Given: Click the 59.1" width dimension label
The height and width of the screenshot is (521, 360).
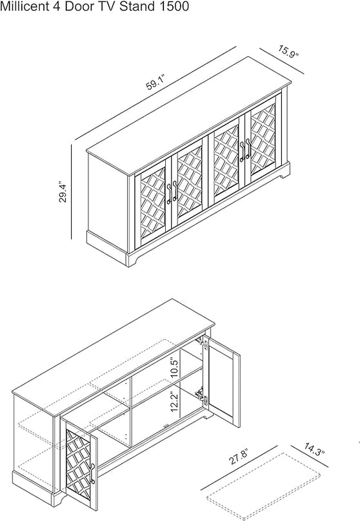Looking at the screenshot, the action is click(155, 83).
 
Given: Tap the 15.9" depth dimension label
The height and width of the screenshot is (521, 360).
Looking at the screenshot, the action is click(288, 52).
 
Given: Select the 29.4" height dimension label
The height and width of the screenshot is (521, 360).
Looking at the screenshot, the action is click(63, 192).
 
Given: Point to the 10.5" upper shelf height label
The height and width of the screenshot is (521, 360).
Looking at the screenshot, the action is click(175, 367).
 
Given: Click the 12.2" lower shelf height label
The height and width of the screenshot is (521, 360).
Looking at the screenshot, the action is click(175, 402).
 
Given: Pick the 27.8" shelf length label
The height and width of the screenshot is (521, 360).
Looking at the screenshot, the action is click(239, 456).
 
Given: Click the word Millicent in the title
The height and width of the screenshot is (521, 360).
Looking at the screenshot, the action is click(25, 6).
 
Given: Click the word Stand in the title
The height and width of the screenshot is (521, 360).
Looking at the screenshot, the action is click(137, 6).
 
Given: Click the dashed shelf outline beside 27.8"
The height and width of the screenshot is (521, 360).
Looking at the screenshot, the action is click(263, 486).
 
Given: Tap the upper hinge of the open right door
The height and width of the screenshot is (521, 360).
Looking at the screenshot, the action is click(203, 344).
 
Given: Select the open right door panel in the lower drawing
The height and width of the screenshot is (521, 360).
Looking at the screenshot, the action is click(222, 381).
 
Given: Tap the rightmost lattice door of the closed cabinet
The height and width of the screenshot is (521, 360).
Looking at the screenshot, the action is click(263, 139).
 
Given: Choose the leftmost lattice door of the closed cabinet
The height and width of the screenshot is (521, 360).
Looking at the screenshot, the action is click(153, 203).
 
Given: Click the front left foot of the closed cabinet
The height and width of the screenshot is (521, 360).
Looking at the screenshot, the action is click(132, 260).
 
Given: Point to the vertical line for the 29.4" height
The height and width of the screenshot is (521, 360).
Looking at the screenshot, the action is click(71, 191).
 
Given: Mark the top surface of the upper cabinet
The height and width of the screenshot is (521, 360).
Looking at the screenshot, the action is click(188, 116).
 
